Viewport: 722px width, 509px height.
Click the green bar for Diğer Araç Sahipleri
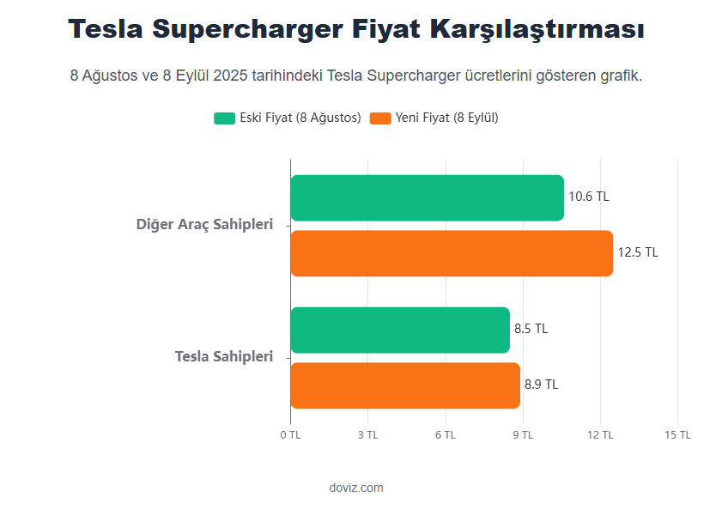(x=427, y=198)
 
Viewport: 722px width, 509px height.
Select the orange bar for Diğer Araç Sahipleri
(x=452, y=253)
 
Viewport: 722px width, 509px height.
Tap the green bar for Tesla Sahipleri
(x=400, y=330)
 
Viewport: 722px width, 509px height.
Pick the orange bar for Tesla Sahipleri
(x=405, y=385)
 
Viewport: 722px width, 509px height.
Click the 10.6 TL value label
(x=588, y=197)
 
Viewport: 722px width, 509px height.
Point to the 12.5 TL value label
(x=638, y=252)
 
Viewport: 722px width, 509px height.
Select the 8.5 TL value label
(x=531, y=329)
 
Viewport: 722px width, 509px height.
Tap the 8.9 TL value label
(x=541, y=385)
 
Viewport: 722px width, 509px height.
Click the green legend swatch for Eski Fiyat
(x=224, y=118)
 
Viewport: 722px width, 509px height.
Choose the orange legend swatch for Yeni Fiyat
(x=379, y=118)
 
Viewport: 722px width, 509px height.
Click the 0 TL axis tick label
(x=290, y=435)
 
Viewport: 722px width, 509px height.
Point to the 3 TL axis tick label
(x=367, y=435)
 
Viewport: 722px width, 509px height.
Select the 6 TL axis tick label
(x=445, y=435)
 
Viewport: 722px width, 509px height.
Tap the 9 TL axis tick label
(x=523, y=435)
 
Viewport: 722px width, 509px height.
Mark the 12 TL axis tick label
(x=600, y=435)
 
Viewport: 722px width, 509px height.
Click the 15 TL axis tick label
(x=677, y=435)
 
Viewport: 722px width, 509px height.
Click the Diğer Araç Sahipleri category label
(x=204, y=225)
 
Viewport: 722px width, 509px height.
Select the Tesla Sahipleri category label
(x=223, y=356)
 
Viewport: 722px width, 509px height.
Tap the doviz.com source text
(x=356, y=488)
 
